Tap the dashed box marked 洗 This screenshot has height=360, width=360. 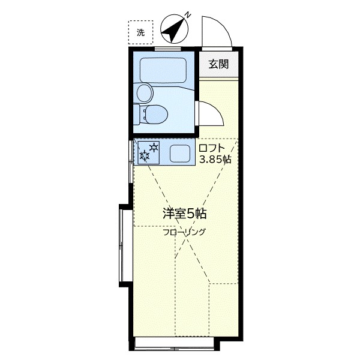coord(140,33)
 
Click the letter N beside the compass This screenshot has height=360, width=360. coord(188,14)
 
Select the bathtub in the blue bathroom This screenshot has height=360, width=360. coord(164,71)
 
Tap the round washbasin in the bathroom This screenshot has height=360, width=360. coord(145,93)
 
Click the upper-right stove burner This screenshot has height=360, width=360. coord(154,146)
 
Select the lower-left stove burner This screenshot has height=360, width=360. coord(145,156)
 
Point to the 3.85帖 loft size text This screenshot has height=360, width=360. coord(215,160)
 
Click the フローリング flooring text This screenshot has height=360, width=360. coord(184,232)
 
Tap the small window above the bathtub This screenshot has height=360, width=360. coord(164,48)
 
